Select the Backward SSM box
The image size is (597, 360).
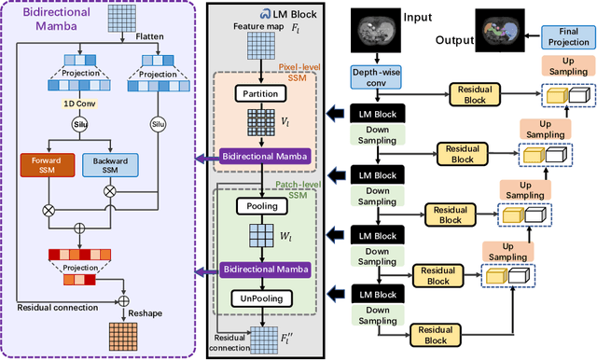coord(109,165)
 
